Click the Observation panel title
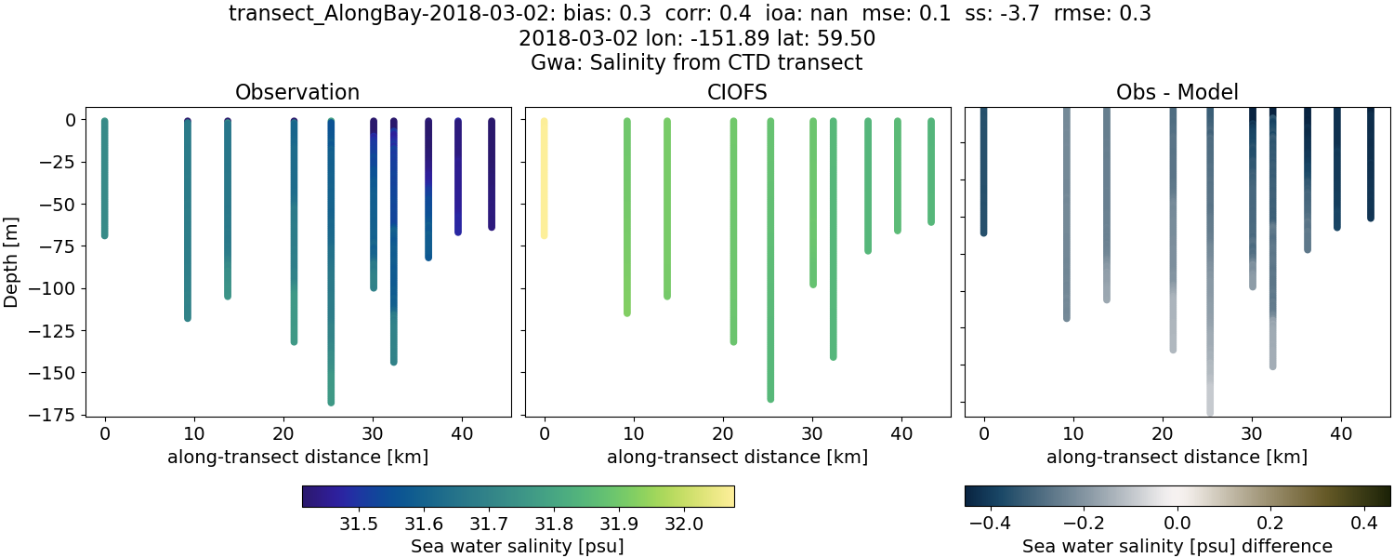(297, 92)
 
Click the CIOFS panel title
(737, 92)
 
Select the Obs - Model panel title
(1177, 92)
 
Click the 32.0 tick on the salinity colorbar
(684, 523)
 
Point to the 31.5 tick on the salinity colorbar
(359, 523)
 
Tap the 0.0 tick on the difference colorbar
(1177, 523)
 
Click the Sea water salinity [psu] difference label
(1177, 546)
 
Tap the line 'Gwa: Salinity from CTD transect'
(697, 63)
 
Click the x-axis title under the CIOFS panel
(737, 457)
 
